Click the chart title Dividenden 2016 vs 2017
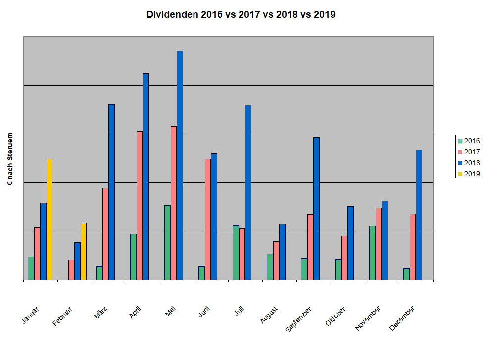tap(241, 14)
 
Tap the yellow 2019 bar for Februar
tap(84, 251)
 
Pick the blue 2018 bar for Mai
tap(180, 166)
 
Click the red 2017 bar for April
tap(140, 205)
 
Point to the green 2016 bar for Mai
tap(167, 242)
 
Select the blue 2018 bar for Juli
tap(248, 192)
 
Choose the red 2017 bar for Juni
tap(208, 219)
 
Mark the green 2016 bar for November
tap(372, 253)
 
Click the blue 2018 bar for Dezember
tap(419, 215)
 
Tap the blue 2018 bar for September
tap(316, 209)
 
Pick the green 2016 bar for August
tap(270, 267)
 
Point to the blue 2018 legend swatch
tap(460, 163)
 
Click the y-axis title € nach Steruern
tap(10, 159)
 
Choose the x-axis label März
tap(103, 313)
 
